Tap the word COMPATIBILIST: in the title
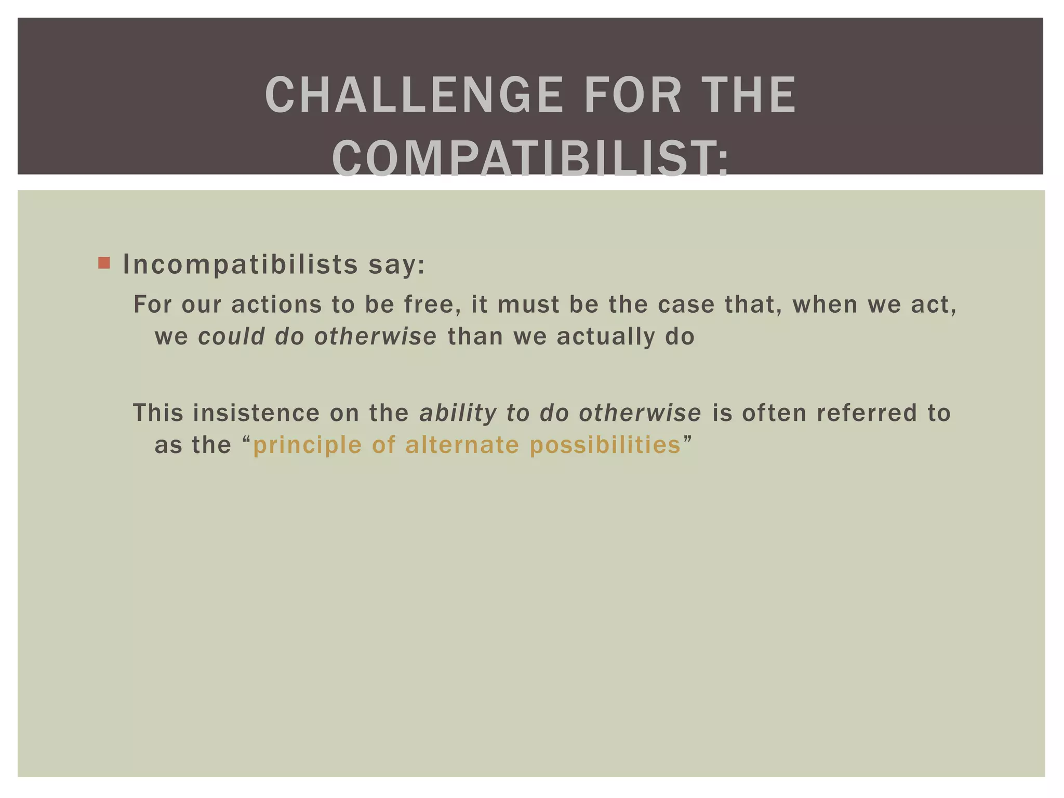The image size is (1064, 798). coord(530,159)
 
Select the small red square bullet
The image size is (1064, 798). coord(104,263)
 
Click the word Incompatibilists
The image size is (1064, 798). coord(240,264)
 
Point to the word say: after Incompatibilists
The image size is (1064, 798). coord(397,265)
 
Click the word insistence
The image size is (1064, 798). coord(256,413)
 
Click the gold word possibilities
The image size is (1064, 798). coord(605,445)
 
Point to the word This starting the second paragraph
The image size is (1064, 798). coord(158,413)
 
